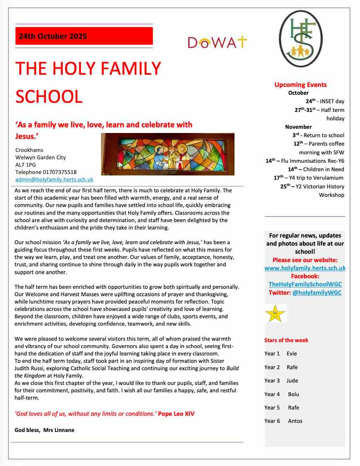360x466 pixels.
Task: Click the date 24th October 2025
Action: point(53,36)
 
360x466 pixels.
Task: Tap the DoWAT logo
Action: point(217,42)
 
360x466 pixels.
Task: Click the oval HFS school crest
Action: point(301,39)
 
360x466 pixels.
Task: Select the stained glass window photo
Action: point(168,154)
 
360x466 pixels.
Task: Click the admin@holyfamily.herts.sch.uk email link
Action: point(54,179)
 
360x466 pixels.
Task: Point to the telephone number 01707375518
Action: point(60,172)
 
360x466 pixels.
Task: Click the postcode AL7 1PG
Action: point(26,165)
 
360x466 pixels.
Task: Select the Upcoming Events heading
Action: point(300,85)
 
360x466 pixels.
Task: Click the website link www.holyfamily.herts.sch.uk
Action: point(305,268)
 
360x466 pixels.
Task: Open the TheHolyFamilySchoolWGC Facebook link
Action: point(305,284)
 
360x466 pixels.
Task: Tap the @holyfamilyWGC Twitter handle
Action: point(317,293)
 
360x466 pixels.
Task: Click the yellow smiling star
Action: point(275,313)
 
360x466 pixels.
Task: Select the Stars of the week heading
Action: point(286,340)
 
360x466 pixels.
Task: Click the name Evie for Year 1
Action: point(292,354)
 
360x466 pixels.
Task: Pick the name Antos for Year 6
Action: point(295,421)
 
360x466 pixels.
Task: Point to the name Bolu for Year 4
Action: point(294,394)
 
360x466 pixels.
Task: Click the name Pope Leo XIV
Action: point(176,414)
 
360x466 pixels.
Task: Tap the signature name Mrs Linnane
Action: point(59,430)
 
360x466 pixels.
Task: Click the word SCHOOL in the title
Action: point(49,96)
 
